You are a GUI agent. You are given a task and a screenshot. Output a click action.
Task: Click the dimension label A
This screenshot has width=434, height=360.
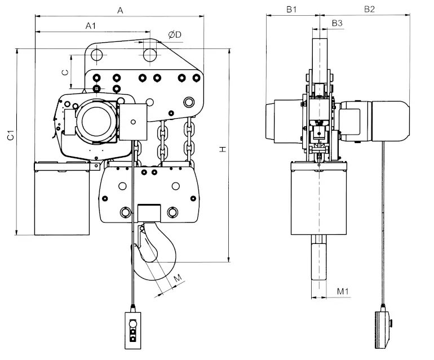(120, 11)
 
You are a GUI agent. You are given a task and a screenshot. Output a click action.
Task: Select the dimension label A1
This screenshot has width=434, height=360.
(91, 26)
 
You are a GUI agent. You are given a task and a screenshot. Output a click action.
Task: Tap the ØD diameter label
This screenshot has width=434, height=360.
(175, 34)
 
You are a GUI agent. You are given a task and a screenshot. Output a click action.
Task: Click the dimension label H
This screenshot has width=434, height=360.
(223, 149)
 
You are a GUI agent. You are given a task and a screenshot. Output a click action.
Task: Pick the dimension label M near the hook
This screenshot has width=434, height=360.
(178, 278)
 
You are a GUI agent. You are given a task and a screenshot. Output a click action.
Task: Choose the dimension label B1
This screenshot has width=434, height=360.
(291, 10)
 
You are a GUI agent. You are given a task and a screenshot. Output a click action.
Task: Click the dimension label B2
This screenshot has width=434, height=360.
(369, 10)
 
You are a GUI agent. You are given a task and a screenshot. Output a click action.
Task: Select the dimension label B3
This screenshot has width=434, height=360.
(337, 23)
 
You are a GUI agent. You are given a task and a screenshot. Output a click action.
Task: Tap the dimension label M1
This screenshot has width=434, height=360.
(343, 291)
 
